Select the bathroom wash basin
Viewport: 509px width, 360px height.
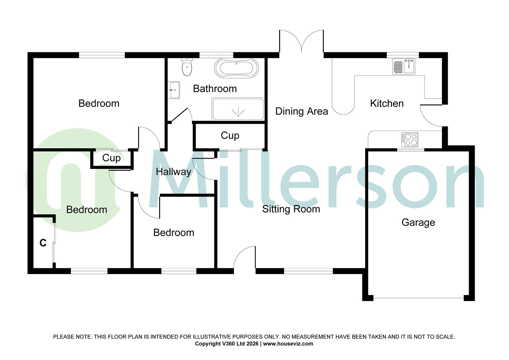point(174,90)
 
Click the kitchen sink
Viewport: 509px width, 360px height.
point(404,66)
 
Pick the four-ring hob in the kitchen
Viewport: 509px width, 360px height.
point(410,139)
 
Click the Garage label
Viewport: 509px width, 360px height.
point(418,222)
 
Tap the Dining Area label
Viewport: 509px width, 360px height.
point(301,111)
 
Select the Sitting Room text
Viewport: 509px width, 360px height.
point(291,209)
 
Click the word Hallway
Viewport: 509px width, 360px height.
point(174,172)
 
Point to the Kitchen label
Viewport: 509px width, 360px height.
point(387,103)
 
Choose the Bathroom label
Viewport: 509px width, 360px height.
point(215,89)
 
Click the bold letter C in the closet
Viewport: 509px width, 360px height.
point(43,243)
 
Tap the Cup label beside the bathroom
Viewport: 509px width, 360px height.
point(230,136)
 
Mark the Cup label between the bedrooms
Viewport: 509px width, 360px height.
point(111,158)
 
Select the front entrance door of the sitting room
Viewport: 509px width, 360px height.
point(245,258)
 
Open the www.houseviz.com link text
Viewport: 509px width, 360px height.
point(288,344)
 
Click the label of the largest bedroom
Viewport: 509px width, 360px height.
point(99,103)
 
